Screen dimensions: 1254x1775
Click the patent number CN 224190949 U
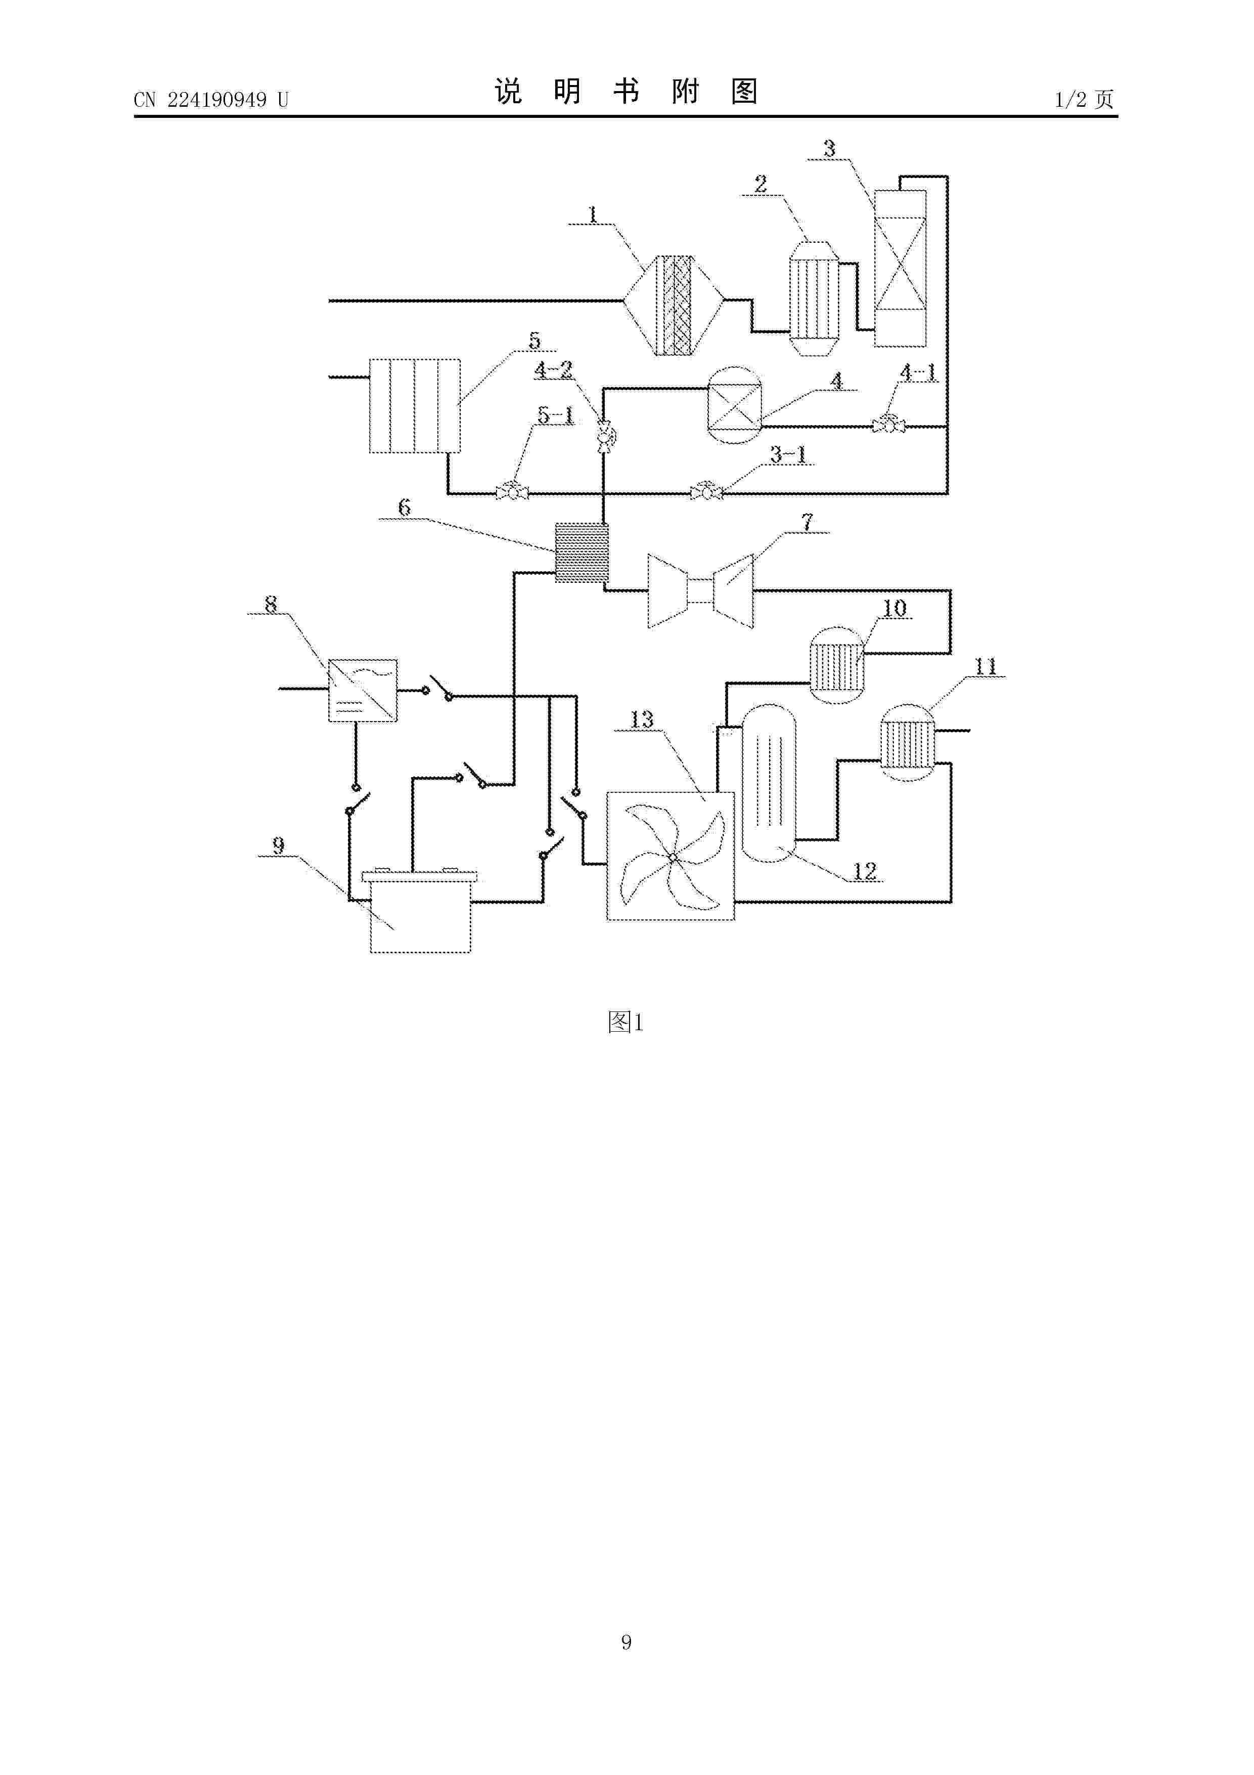tap(210, 100)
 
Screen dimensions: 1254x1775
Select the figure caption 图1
tap(626, 1022)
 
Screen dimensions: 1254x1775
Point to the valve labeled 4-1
tap(888, 425)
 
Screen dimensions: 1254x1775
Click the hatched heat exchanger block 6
tap(582, 553)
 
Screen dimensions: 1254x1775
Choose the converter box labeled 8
tap(363, 690)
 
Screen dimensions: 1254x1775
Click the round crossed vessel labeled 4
tap(735, 405)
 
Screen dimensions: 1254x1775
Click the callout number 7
tap(808, 523)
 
